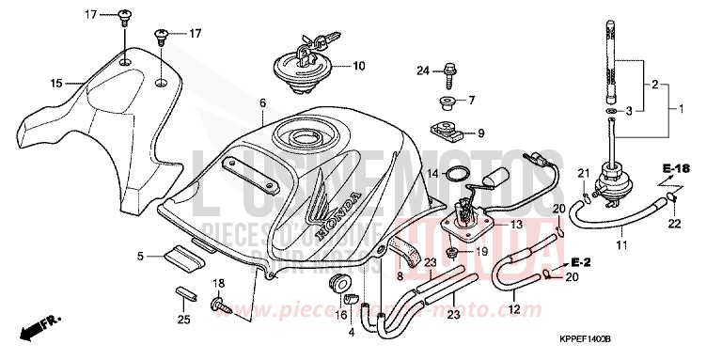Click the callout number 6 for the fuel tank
point(263,102)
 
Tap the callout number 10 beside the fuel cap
point(358,67)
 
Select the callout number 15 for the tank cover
point(55,84)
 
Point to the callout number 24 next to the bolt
point(423,71)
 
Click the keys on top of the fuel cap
point(314,42)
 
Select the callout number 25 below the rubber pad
point(183,321)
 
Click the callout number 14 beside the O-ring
point(432,174)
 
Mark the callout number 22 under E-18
point(673,223)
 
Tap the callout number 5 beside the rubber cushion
point(140,256)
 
